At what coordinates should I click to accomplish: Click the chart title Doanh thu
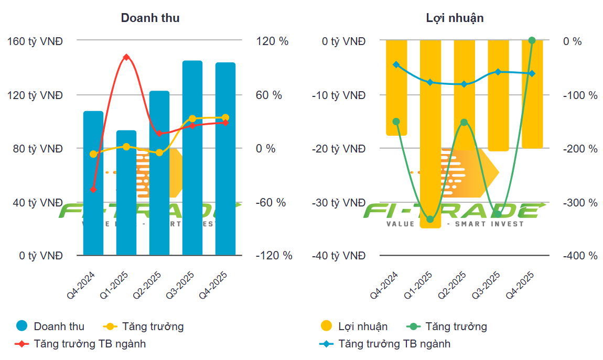pos(150,18)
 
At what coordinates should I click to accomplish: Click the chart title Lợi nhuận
pos(455,18)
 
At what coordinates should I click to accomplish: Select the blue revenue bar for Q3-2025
pos(192,157)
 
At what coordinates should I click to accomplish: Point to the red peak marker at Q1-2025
pos(126,57)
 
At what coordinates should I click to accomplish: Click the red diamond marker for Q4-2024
pos(93,189)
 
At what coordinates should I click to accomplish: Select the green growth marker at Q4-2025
pos(532,40)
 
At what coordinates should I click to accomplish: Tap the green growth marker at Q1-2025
pos(430,219)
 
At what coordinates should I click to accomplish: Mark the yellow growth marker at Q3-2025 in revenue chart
pos(192,119)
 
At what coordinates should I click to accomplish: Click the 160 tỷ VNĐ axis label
pos(35,41)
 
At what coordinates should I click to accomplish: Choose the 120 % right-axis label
pos(272,41)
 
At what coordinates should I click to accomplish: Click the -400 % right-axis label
pos(580,256)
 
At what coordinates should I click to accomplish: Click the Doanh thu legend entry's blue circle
pos(21,326)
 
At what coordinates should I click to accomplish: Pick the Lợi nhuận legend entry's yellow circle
pos(326,326)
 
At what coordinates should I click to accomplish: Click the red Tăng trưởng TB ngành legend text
pos(90,344)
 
